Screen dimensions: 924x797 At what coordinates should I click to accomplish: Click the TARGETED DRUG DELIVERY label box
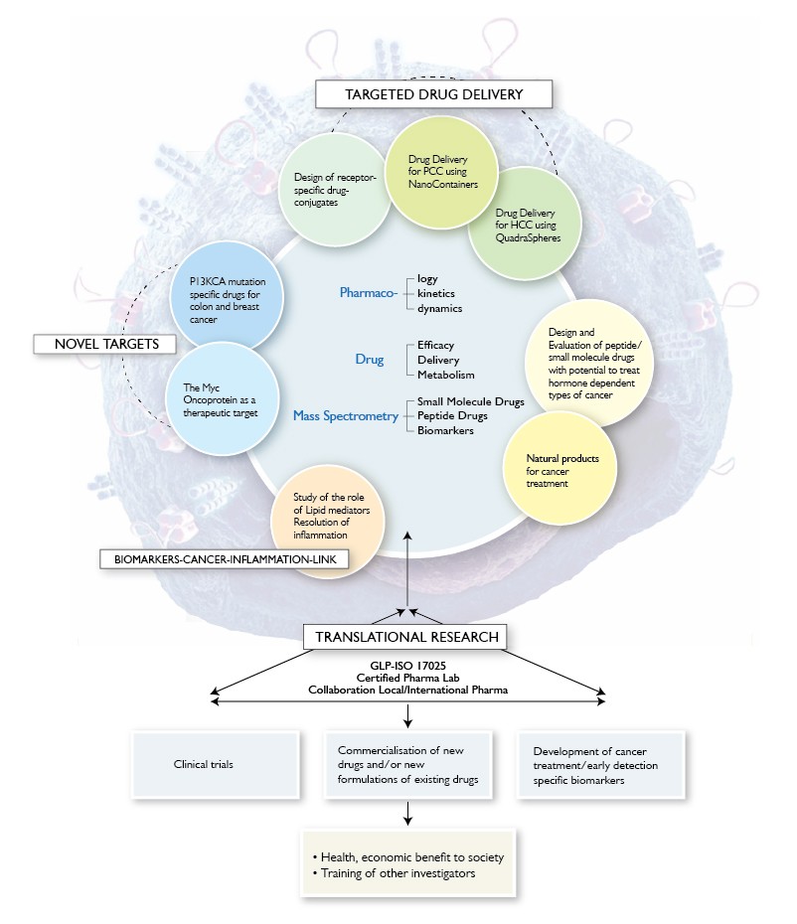point(433,94)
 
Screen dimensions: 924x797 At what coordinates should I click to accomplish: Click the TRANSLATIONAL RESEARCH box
point(406,636)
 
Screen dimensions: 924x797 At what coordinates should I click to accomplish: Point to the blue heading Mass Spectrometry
point(345,416)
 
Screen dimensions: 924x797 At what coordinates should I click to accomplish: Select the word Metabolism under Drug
point(446,375)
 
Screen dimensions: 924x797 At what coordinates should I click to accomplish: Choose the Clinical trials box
point(213,766)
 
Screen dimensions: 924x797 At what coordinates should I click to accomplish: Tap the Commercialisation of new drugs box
point(406,766)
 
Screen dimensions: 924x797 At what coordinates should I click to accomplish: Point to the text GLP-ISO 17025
point(406,664)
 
